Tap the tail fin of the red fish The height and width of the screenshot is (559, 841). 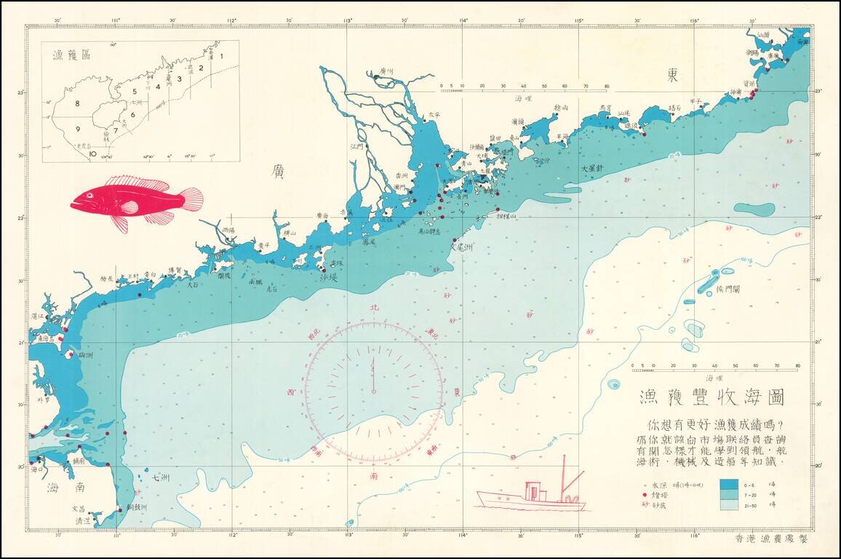191,199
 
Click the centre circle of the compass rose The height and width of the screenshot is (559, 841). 374,391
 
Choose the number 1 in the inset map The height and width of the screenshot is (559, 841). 222,55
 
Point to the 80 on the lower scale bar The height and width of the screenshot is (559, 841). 798,365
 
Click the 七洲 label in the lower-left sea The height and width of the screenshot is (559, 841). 162,477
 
